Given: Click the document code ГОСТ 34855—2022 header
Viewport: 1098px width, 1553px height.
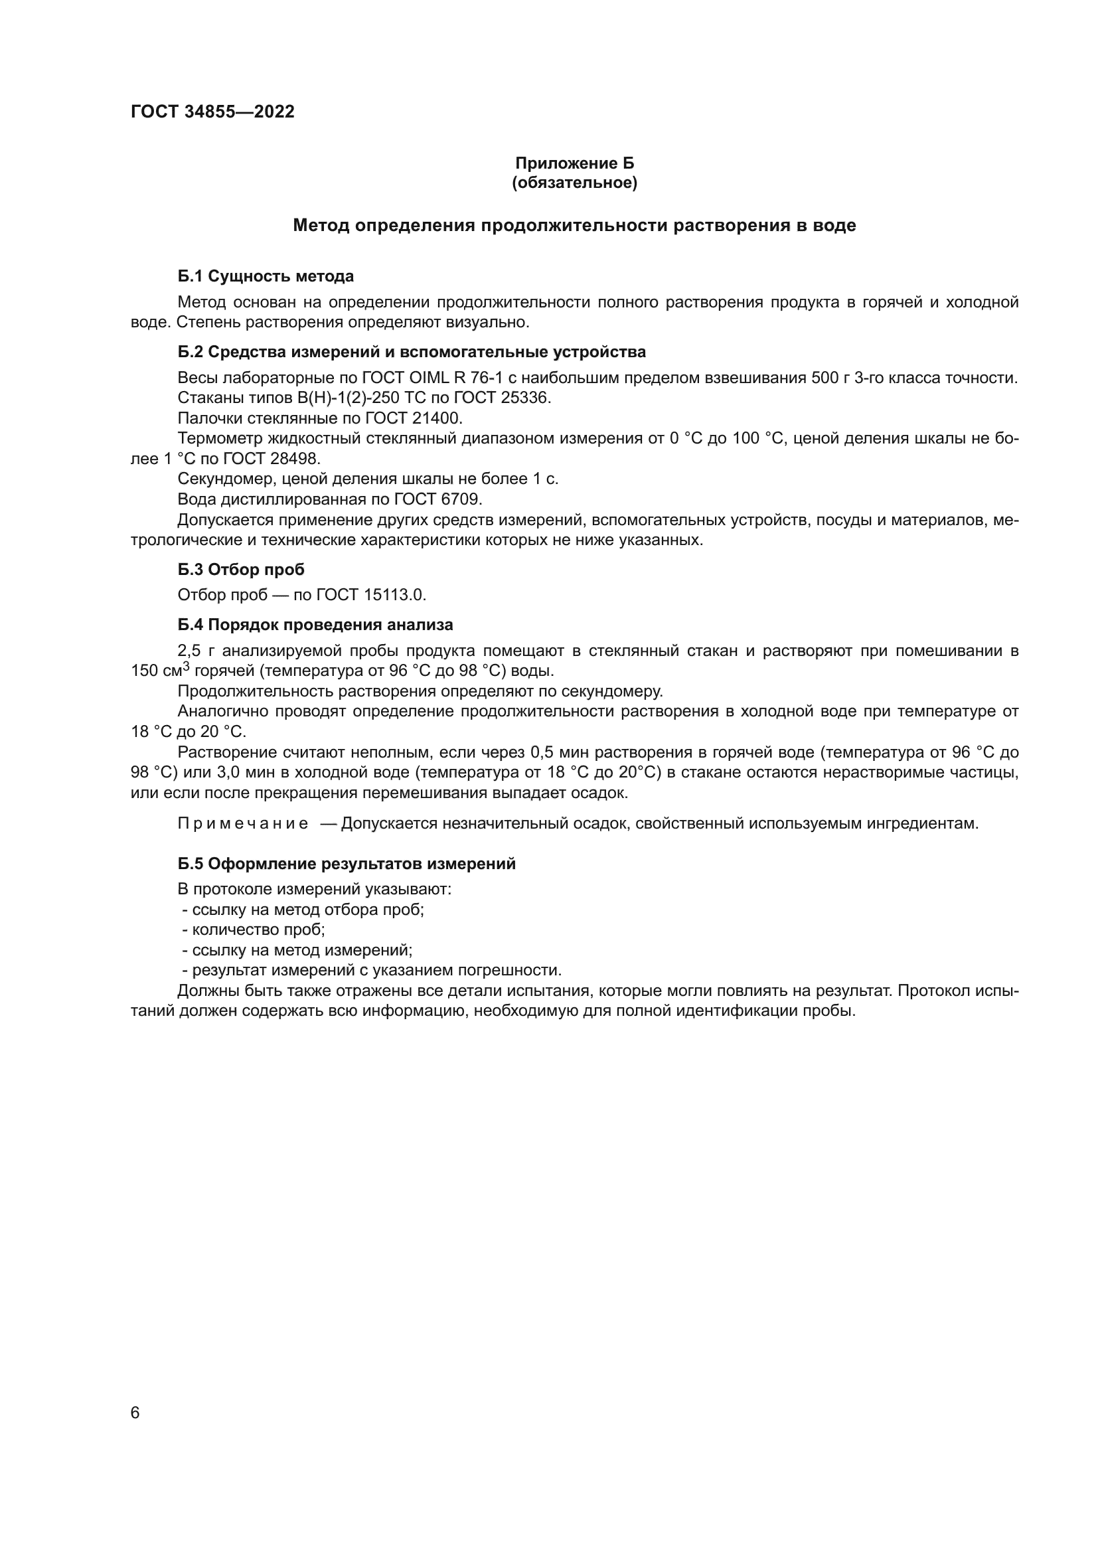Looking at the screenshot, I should pyautogui.click(x=212, y=112).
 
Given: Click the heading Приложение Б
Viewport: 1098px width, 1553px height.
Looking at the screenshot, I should pyautogui.click(x=574, y=163).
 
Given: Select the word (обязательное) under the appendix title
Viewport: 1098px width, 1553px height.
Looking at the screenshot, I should pyautogui.click(x=574, y=183).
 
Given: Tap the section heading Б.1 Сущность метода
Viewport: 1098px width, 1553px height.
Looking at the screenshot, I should pyautogui.click(x=266, y=276).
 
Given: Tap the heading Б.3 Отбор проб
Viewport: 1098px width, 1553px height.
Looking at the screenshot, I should pyautogui.click(x=241, y=570).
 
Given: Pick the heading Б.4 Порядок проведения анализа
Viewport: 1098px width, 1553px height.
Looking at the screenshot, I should pyautogui.click(x=315, y=624).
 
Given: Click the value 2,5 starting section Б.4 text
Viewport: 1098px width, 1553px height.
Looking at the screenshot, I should pyautogui.click(x=189, y=651).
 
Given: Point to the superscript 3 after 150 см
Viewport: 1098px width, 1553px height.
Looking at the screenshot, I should pyautogui.click(x=187, y=665).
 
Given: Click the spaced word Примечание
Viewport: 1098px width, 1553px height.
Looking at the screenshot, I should pyautogui.click(x=244, y=824).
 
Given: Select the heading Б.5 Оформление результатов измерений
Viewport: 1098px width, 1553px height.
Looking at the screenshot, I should pyautogui.click(x=347, y=864).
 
